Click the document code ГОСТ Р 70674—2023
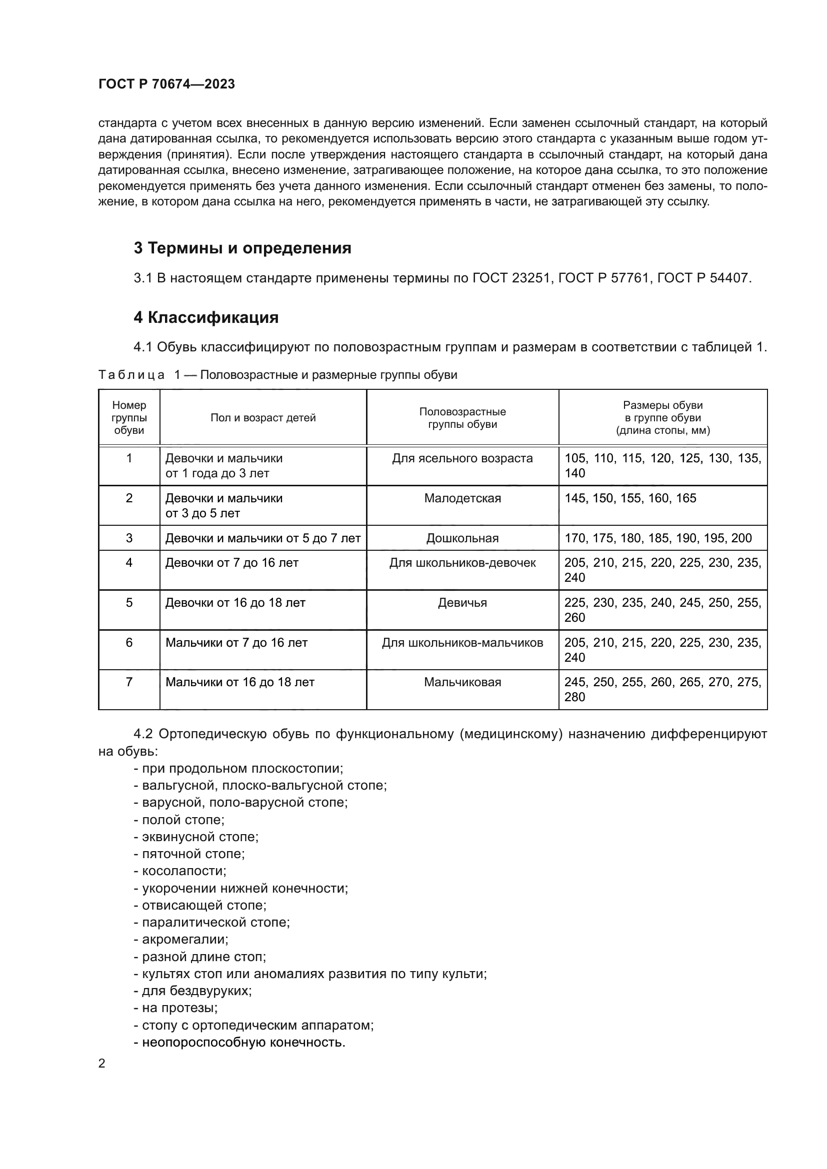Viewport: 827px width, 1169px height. click(166, 84)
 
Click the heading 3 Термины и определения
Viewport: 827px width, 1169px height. click(242, 248)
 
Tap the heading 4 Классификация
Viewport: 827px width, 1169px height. click(205, 318)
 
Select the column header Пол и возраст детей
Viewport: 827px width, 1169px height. click(263, 417)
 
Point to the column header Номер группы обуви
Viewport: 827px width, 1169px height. click(129, 417)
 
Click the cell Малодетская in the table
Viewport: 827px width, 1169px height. click(462, 498)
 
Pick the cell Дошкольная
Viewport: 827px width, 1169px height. click(462, 538)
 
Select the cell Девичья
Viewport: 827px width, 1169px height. click(462, 603)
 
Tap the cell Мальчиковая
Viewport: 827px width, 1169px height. click(462, 682)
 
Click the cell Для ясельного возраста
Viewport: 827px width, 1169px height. click(462, 458)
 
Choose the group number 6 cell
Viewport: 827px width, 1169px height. click(129, 643)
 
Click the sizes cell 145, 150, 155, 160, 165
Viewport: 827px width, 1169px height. click(630, 498)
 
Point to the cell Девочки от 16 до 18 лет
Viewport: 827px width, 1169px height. click(235, 603)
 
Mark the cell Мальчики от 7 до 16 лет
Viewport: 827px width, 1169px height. click(236, 643)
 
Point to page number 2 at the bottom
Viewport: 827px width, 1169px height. click(102, 1064)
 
